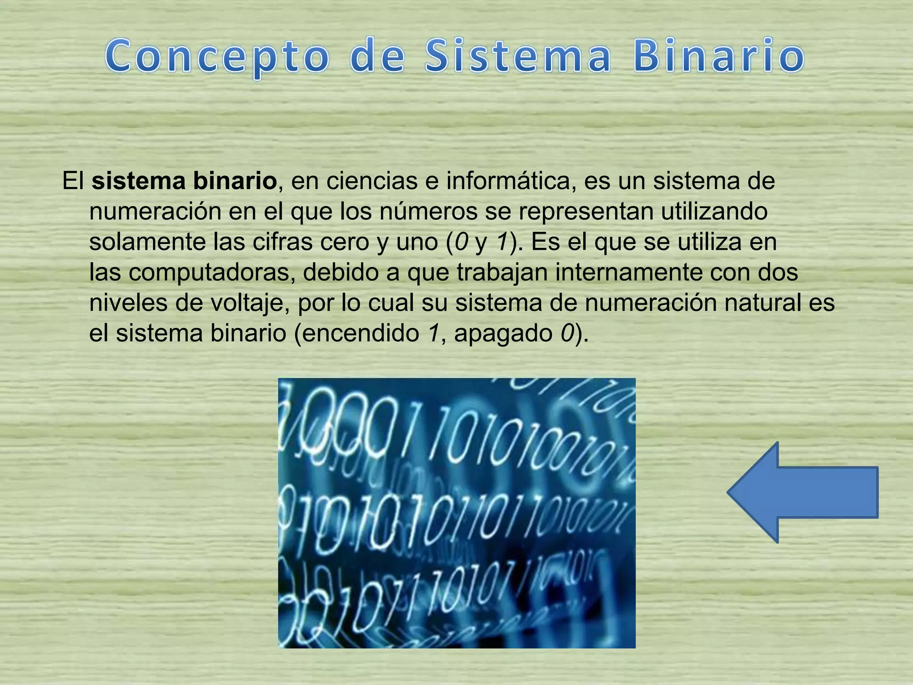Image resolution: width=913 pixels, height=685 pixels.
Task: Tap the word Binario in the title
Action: (719, 57)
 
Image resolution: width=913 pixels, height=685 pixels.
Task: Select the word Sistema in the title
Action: (518, 57)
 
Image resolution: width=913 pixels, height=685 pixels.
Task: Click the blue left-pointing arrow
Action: (802, 492)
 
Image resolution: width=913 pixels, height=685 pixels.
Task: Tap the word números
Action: (428, 211)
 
